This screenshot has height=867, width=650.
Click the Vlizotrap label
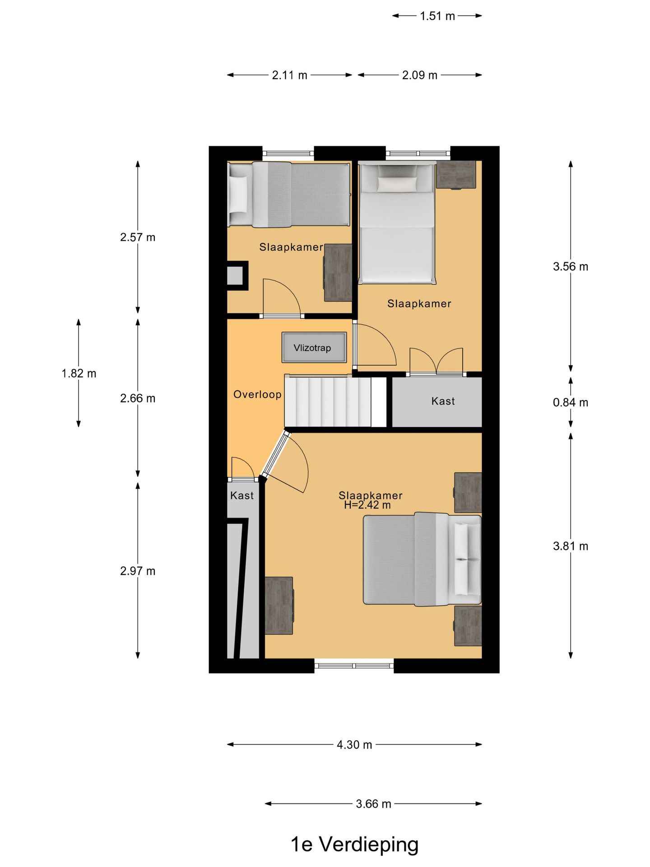coord(312,348)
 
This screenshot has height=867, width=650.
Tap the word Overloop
coord(257,395)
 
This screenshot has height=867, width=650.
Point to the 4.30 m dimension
coord(354,745)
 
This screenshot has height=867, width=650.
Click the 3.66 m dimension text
coord(373,804)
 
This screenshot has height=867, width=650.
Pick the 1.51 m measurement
coord(437,16)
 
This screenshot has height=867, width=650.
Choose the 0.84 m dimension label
coord(571,402)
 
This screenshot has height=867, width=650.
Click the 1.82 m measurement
coord(79,373)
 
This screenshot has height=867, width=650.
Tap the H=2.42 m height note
coord(367,505)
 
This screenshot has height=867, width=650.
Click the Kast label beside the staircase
coord(443,401)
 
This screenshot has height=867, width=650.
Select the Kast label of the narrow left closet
coord(242,495)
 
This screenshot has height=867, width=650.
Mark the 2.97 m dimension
coord(138,571)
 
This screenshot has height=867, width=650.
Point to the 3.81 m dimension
coord(571,546)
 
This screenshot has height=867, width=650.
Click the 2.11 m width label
coord(289,75)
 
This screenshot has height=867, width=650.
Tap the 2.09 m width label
coord(420,75)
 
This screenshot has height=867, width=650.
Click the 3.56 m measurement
coord(571,266)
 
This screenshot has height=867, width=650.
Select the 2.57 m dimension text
coord(138,237)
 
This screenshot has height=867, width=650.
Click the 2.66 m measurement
coord(138,398)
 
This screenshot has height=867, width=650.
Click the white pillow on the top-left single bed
coord(238,194)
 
